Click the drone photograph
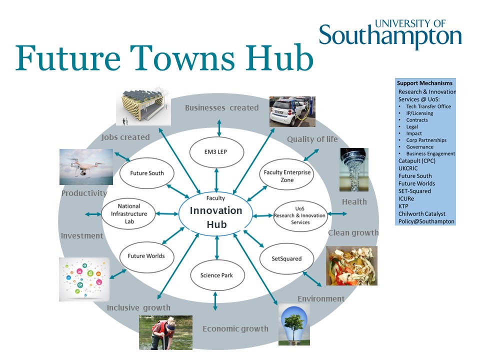pyautogui.click(x=86, y=167)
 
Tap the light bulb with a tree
pyautogui.click(x=294, y=325)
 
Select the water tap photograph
pyautogui.click(x=354, y=170)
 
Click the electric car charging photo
pyautogui.click(x=292, y=111)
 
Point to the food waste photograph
pyautogui.click(x=351, y=265)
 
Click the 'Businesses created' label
pyautogui.click(x=221, y=108)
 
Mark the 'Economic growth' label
pyautogui.click(x=235, y=329)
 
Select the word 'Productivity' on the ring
pyautogui.click(x=84, y=193)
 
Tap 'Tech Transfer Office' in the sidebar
pyautogui.click(x=428, y=106)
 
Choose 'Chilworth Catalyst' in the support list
pyautogui.click(x=421, y=213)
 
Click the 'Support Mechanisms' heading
pyautogui.click(x=424, y=83)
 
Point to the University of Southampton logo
pyautogui.click(x=390, y=34)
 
